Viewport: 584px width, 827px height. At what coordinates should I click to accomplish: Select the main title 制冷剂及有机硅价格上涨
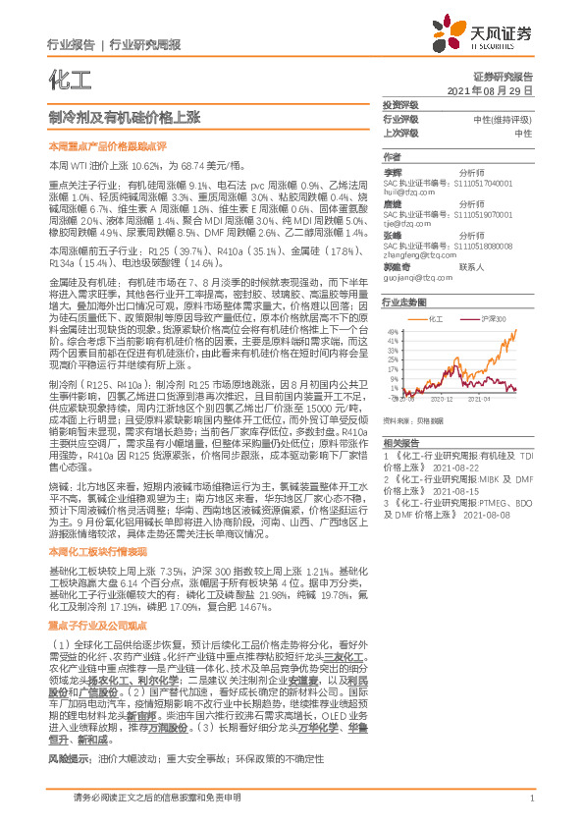[124, 117]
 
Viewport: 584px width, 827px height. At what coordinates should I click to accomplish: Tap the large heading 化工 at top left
[64, 77]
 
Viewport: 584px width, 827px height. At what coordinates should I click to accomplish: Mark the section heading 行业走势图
[403, 303]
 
